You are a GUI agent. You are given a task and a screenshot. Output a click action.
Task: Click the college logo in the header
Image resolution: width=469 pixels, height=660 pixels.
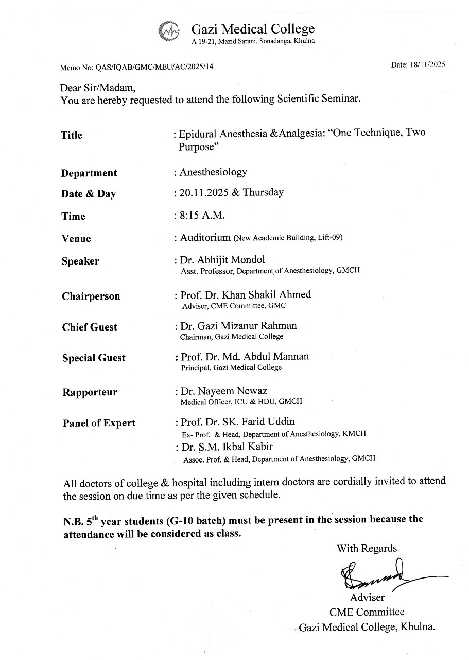point(170,30)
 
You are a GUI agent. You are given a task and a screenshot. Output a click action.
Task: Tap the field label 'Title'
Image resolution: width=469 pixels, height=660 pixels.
point(72,135)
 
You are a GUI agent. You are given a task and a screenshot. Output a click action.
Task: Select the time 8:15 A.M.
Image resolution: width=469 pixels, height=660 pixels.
point(202,215)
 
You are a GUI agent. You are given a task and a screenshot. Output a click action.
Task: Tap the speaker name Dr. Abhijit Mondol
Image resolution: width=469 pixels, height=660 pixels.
point(222,259)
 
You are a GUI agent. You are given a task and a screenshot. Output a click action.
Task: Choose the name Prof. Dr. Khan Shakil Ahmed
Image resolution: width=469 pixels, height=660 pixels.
point(246,295)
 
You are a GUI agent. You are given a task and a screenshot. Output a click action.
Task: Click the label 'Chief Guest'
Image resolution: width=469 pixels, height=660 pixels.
point(90,327)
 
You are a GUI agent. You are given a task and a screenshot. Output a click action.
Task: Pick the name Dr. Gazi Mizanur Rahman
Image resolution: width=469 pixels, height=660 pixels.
point(238,325)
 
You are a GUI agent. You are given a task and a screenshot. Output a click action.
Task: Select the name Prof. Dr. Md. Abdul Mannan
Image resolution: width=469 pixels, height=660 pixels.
point(245,356)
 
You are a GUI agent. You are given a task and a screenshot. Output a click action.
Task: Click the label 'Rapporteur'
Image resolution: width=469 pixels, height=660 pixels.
point(90,392)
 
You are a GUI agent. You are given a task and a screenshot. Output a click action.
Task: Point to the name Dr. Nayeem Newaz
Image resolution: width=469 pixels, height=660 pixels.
point(224,391)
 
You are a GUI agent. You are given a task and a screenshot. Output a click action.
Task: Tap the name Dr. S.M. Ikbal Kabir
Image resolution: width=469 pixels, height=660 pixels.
point(227,447)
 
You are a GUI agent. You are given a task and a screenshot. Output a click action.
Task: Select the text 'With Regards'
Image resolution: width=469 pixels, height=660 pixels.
point(367,548)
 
